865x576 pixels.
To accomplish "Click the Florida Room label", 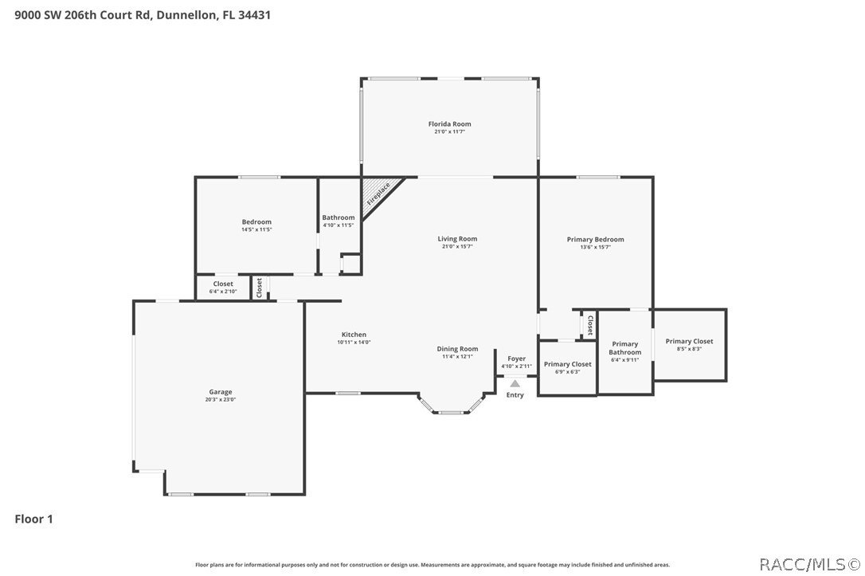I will pos(449,124).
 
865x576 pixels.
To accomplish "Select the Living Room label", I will pos(457,239).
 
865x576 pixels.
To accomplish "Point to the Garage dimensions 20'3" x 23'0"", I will pos(221,399).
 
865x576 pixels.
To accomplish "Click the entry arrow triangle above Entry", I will pos(515,384).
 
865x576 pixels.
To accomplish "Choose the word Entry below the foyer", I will pos(515,395).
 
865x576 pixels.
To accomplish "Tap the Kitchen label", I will pos(354,335).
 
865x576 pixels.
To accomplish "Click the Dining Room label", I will pos(457,349).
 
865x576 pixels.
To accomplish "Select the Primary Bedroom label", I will pos(595,240).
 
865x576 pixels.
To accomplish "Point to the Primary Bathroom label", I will pos(625,348).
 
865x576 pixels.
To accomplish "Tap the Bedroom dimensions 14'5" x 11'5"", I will pos(256,229).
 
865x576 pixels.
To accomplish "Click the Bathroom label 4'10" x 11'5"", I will pos(339,221).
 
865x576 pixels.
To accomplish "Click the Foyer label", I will pos(516,359).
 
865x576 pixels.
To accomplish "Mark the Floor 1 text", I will pos(34,519).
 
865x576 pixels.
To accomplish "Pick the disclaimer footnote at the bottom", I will pos(432,565).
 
